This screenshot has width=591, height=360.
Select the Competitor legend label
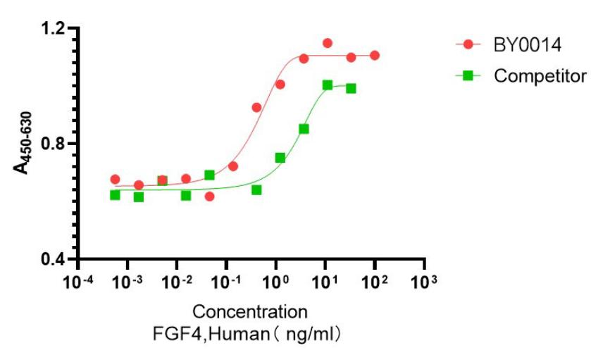click(x=540, y=75)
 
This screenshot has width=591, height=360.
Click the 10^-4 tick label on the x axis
click(x=78, y=282)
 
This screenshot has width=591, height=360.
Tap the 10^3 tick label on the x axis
click(x=423, y=282)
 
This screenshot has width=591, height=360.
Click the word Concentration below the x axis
click(x=250, y=311)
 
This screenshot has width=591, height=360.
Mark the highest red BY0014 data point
click(x=328, y=44)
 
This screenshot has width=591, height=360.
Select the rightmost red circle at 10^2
click(x=375, y=55)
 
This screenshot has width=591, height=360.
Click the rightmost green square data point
click(x=351, y=88)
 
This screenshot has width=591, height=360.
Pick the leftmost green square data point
click(x=115, y=194)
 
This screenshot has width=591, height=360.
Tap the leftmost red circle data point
click(x=115, y=180)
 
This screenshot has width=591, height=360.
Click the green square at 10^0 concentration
click(x=280, y=158)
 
